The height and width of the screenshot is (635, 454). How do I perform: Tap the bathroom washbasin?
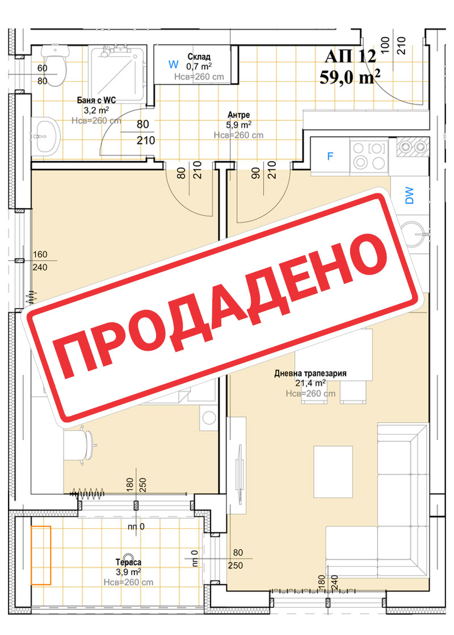click(45, 136)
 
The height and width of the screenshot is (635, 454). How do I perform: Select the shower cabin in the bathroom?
click(117, 74)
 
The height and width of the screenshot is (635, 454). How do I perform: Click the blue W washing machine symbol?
click(173, 64)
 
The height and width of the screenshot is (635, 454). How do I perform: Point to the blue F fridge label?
click(330, 156)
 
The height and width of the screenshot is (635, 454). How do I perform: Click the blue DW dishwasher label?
click(409, 195)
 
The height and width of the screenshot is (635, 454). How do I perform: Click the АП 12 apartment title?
click(350, 56)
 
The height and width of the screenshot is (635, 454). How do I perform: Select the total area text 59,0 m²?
click(350, 77)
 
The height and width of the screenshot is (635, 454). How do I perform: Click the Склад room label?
click(199, 57)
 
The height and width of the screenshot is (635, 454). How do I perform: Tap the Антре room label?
click(238, 115)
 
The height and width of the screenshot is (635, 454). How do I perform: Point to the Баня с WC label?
click(96, 100)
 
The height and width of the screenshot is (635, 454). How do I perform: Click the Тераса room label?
click(128, 562)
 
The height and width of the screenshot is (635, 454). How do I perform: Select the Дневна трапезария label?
click(310, 373)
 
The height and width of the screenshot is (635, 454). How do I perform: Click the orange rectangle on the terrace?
click(41, 555)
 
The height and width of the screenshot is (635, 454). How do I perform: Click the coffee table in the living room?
click(333, 472)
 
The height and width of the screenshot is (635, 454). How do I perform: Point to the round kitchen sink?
click(414, 234)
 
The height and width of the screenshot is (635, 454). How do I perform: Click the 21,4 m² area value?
click(310, 383)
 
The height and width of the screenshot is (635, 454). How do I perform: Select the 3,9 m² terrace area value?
click(128, 572)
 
